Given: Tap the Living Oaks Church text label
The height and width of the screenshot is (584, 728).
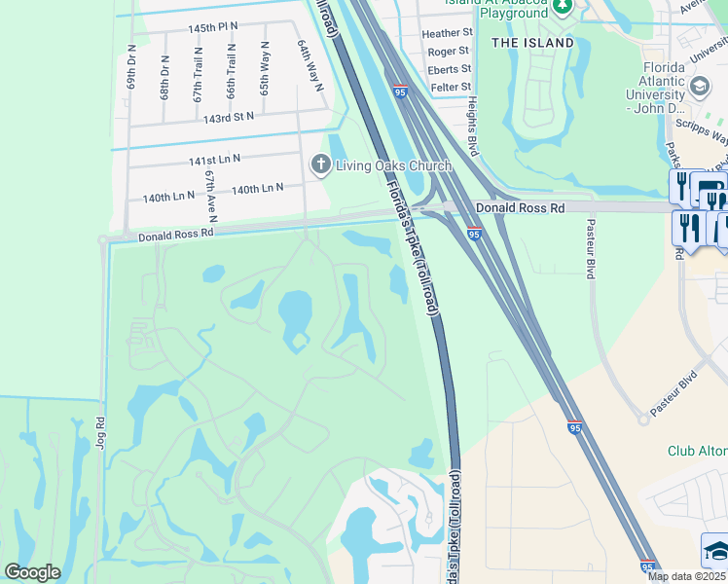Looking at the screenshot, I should [x=393, y=165].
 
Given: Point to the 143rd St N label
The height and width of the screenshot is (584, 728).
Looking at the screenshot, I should [x=228, y=117].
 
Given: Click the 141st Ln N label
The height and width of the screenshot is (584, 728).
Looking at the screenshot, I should [x=214, y=159].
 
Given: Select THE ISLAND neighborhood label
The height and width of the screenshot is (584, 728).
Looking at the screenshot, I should [x=532, y=43].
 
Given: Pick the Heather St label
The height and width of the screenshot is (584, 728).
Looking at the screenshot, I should [x=447, y=33].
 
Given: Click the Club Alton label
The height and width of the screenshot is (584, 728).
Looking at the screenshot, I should [x=697, y=451].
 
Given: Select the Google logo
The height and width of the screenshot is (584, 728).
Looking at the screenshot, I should [x=32, y=572].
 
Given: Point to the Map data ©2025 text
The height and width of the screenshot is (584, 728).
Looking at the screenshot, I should [x=686, y=576].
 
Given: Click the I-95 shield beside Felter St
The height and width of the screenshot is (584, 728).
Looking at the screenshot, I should [x=401, y=91].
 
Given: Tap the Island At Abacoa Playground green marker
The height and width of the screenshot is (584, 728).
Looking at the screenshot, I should [x=563, y=7].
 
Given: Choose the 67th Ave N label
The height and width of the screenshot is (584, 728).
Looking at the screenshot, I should [x=210, y=195].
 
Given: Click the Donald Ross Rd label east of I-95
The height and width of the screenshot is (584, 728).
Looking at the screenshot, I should [x=520, y=208].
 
